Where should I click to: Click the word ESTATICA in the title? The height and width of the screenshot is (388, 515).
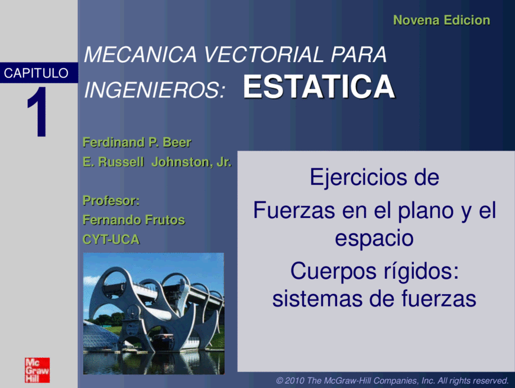[x=319, y=87]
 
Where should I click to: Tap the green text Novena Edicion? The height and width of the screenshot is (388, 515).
[x=442, y=20]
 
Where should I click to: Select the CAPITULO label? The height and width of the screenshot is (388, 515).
[x=36, y=73]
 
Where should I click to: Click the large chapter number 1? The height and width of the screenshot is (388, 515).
[x=37, y=112]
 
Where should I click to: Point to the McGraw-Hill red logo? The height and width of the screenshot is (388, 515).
[x=37, y=370]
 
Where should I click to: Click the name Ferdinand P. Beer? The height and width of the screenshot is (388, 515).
[x=137, y=143]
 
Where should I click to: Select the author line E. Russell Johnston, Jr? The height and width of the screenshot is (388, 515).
[x=157, y=162]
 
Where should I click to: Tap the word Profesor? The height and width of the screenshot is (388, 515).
[x=111, y=201]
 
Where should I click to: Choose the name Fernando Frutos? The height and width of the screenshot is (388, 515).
[x=134, y=220]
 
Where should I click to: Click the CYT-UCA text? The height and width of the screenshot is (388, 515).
[x=111, y=239]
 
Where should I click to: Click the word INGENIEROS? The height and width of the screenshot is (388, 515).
[x=155, y=90]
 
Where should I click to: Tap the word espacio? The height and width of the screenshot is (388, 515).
[x=374, y=239]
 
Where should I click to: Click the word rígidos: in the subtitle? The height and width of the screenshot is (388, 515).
[x=421, y=272]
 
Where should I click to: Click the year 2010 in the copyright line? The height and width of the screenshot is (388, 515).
[x=295, y=381]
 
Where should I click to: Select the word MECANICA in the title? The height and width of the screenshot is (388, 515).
[x=141, y=54]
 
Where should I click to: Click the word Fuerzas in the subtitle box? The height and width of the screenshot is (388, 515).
[x=294, y=211]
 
